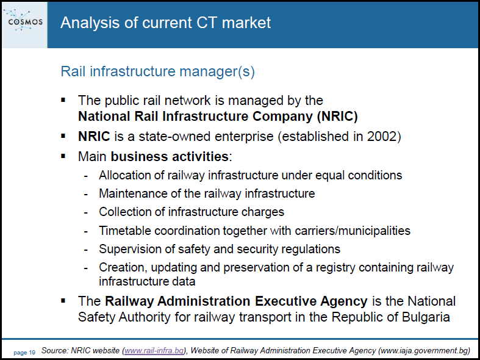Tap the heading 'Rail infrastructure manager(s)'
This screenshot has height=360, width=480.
coord(157,71)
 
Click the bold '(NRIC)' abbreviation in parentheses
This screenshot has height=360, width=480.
coord(337,117)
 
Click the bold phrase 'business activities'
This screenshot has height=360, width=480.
coord(170,156)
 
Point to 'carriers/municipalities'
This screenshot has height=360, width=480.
coord(353,231)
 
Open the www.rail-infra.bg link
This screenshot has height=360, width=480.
coord(154,350)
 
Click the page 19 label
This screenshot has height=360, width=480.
coord(24,353)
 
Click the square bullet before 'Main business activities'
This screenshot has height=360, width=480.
coord(63,156)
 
